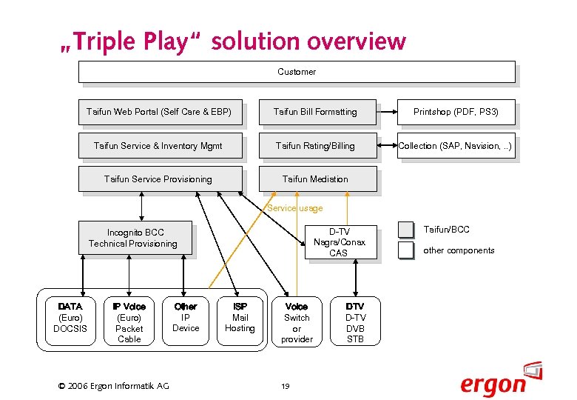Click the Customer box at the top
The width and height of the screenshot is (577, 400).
click(x=297, y=72)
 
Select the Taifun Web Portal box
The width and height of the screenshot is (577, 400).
click(x=160, y=112)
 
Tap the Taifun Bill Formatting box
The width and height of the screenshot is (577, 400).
click(x=317, y=112)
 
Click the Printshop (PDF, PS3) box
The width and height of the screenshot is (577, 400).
click(x=456, y=112)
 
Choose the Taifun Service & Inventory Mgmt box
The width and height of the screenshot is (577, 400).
click(x=160, y=146)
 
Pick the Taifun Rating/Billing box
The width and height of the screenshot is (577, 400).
click(x=317, y=146)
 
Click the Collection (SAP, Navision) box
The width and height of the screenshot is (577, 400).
click(x=456, y=146)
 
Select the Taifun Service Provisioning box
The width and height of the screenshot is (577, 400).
click(x=160, y=179)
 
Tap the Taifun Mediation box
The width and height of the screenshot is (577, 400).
click(x=317, y=179)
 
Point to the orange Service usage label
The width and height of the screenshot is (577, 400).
click(x=295, y=209)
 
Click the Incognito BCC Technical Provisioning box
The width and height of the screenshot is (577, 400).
click(x=135, y=238)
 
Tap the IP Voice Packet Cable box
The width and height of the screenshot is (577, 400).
click(x=129, y=322)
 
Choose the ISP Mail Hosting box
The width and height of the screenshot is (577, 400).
click(x=240, y=318)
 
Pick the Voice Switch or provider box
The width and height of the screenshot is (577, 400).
click(x=297, y=322)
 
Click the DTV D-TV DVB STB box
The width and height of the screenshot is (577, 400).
click(x=356, y=322)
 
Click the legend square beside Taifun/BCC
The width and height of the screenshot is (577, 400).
click(x=405, y=230)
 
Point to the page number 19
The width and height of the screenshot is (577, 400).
click(x=285, y=385)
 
